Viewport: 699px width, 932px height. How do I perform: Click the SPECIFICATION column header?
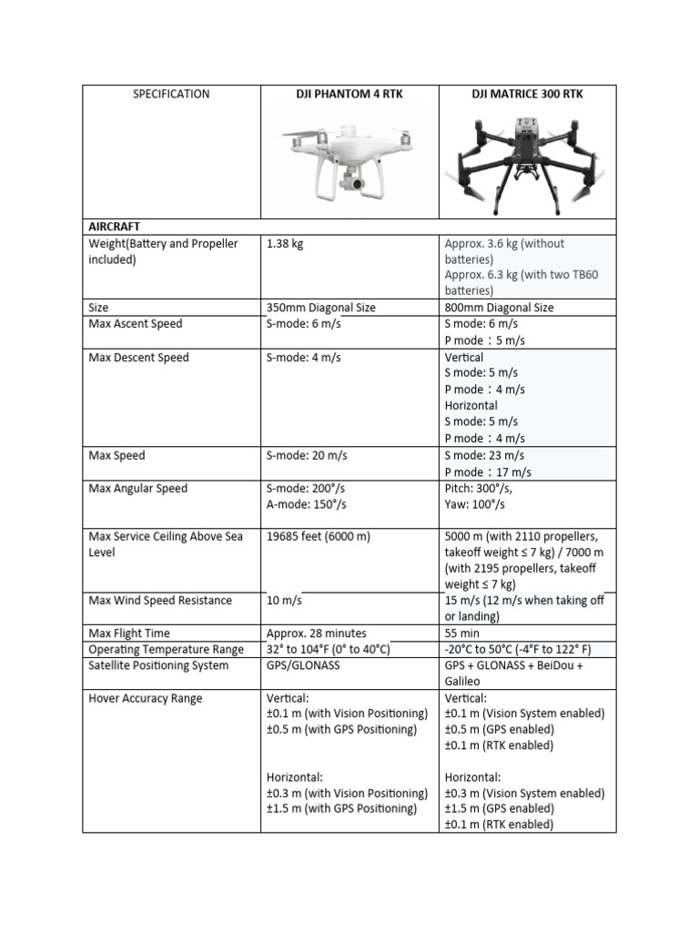[171, 94]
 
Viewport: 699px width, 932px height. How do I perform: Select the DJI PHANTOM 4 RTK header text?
[349, 94]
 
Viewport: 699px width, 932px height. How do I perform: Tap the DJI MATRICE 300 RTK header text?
[527, 94]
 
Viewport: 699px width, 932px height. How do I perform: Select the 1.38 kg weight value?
[285, 244]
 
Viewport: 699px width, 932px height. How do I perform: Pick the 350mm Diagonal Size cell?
[320, 308]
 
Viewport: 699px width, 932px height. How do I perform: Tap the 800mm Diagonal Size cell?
[499, 308]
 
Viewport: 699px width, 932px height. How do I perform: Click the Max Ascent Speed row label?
[135, 324]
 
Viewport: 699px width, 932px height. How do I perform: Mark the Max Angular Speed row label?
[137, 489]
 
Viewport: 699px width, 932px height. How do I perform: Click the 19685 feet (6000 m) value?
[318, 536]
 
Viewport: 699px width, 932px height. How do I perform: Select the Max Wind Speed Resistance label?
[160, 601]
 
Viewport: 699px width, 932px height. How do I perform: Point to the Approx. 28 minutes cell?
[316, 633]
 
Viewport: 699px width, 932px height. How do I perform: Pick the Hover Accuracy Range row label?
[146, 699]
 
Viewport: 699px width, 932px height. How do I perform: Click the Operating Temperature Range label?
[166, 650]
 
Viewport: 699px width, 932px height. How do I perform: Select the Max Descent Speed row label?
[138, 358]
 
